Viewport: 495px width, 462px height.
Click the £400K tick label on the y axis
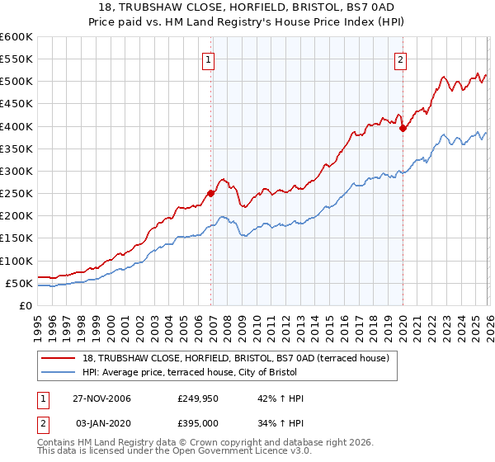16,126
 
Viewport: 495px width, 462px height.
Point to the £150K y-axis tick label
16,238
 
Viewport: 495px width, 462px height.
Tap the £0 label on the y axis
25,306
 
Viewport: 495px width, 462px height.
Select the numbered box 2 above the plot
400,59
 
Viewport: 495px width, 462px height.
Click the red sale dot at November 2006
211,193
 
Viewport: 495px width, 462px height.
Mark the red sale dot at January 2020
403,128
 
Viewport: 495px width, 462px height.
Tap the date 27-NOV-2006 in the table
104,398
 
